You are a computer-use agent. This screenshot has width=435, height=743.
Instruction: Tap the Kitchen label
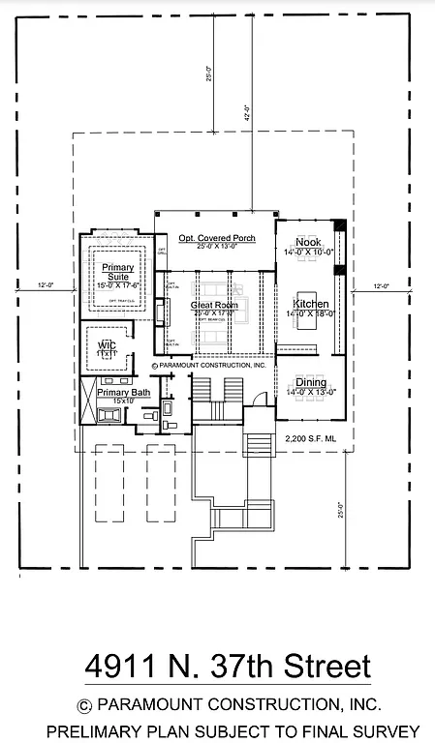point(310,304)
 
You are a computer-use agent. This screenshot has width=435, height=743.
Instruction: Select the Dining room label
point(310,383)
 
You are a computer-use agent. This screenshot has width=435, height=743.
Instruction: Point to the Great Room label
point(212,304)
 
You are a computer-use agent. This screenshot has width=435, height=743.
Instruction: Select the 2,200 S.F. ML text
point(310,439)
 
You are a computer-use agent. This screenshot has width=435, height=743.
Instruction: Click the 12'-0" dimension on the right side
point(381,285)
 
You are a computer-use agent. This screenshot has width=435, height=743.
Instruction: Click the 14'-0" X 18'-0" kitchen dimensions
point(310,314)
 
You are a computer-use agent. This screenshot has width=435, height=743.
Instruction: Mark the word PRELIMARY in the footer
point(95,730)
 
